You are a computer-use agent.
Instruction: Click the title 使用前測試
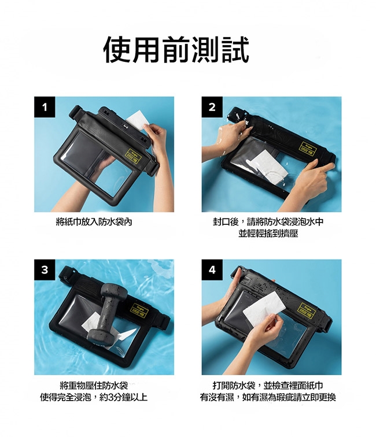click(176, 50)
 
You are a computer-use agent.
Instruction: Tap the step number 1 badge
click(45, 107)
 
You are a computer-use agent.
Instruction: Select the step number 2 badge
click(212, 107)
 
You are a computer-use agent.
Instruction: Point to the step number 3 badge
click(45, 270)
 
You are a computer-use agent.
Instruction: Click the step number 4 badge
click(212, 270)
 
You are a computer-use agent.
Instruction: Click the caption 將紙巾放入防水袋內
click(94, 222)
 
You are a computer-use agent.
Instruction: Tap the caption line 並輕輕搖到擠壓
click(268, 234)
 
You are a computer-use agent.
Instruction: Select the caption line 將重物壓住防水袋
click(94, 386)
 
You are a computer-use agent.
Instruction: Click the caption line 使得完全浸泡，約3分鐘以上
click(94, 397)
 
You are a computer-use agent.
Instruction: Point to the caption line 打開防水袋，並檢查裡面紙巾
click(268, 386)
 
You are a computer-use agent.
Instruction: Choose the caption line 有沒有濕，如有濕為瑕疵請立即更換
click(268, 397)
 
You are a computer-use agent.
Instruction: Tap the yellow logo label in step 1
click(133, 157)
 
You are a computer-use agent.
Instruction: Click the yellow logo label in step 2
click(307, 149)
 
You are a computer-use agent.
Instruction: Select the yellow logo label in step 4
click(306, 310)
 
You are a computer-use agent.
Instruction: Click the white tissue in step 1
click(137, 120)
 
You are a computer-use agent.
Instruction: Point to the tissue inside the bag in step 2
click(268, 166)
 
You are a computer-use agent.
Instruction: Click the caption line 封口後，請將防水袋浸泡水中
click(268, 222)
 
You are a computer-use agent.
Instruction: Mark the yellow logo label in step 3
click(139, 310)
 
